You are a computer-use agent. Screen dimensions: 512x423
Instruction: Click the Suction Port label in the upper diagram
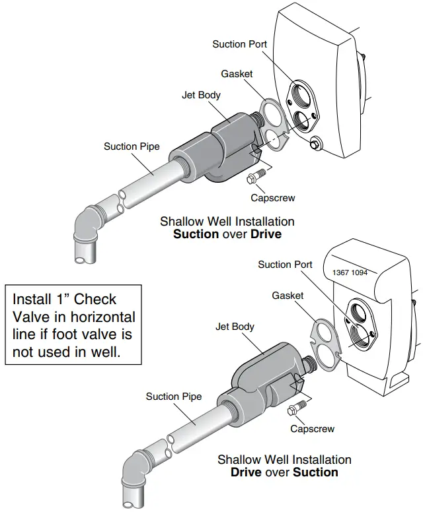tap(239, 44)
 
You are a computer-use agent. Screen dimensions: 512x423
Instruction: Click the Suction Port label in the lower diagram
tap(285, 265)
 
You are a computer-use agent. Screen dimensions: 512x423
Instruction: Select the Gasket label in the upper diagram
tap(237, 74)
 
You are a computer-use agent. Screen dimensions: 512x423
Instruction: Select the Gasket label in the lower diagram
tap(288, 296)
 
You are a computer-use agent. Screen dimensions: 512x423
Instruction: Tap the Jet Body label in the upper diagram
tap(201, 95)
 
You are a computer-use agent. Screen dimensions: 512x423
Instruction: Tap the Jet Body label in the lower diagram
tap(235, 327)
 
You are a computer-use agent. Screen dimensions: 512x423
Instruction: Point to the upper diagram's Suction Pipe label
tap(132, 146)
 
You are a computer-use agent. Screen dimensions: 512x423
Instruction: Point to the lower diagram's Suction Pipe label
tap(174, 397)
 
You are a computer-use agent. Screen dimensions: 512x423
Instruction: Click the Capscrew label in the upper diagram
tap(273, 197)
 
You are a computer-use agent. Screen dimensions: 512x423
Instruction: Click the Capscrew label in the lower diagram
tap(313, 429)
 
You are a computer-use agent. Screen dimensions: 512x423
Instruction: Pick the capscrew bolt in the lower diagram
tap(295, 408)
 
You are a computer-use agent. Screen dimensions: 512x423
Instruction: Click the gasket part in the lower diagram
tap(323, 342)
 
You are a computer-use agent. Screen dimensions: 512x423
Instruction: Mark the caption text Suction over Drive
tap(227, 234)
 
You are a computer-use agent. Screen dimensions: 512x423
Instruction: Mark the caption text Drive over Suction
tap(284, 472)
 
